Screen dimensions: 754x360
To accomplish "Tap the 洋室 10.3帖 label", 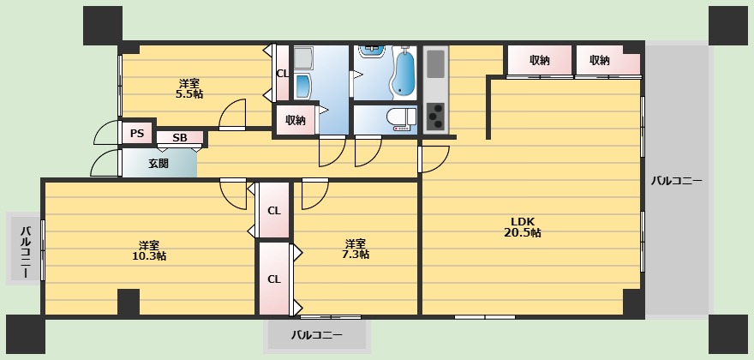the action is coord(149,250).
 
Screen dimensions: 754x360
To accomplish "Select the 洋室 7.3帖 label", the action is coord(356,249).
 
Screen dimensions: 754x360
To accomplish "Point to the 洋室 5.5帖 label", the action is coord(189,88).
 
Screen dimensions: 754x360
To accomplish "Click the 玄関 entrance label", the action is coord(159,164).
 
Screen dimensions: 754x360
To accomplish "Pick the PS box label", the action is coord(137,134).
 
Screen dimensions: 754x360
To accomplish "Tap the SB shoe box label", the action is coord(180,138).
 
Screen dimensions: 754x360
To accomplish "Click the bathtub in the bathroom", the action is coord(403,71).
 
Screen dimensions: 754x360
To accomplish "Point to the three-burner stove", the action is coord(435,117).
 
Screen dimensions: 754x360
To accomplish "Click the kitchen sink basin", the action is coord(435,63).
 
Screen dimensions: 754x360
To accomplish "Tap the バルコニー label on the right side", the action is coord(677,182).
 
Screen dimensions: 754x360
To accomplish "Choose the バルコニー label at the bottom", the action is coord(317,334).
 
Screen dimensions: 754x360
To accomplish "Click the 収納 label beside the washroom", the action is coord(296,120).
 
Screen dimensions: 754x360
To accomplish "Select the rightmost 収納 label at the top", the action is coord(600,61).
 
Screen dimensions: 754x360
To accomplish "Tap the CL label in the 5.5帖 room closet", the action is coord(282,74).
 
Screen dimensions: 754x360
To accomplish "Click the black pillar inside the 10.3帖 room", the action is coord(129,303).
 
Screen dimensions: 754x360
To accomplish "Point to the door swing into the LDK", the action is coord(434,159).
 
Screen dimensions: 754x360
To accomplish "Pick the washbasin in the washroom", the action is coord(303,87).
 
